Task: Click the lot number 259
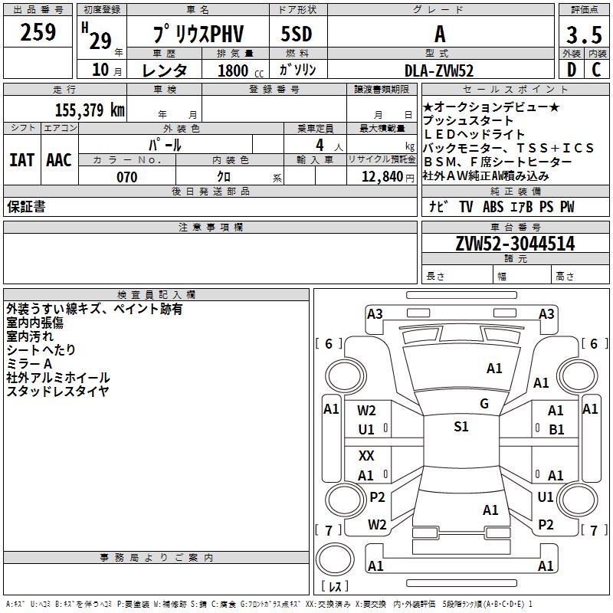[x=38, y=32]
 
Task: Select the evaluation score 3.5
[x=583, y=34]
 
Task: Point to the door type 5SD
[x=297, y=34]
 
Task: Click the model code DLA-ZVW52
[x=438, y=70]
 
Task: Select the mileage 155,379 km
[x=89, y=110]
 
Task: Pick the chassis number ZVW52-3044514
[x=515, y=244]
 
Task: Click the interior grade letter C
[x=596, y=70]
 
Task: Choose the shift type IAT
[x=21, y=160]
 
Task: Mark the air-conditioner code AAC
[x=58, y=160]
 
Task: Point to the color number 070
[x=126, y=177]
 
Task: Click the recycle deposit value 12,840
[x=380, y=177]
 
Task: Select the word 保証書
[x=26, y=207]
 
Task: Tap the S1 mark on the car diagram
[x=461, y=427]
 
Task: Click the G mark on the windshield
[x=484, y=404]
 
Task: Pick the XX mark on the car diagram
[x=366, y=456]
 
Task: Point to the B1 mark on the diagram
[x=556, y=430]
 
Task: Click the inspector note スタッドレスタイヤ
[x=57, y=392]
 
